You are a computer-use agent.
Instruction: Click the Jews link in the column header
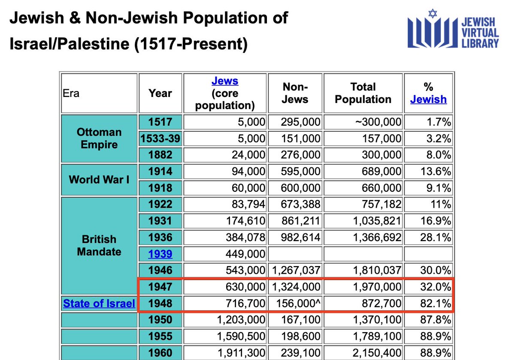[x=225, y=81]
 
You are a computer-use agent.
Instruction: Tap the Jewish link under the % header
[x=428, y=100]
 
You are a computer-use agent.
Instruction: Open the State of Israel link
[x=99, y=303]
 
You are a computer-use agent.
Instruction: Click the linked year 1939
[x=160, y=254]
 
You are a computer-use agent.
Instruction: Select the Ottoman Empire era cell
[x=99, y=138]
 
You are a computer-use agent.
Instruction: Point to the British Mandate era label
[x=99, y=245]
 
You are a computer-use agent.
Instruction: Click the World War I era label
[x=99, y=179]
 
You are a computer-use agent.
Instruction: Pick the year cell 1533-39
[x=160, y=139]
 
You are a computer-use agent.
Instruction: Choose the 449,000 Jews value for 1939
[x=246, y=254]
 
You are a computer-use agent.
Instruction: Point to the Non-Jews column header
[x=295, y=93]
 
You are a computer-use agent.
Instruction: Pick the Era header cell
[x=71, y=93]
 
